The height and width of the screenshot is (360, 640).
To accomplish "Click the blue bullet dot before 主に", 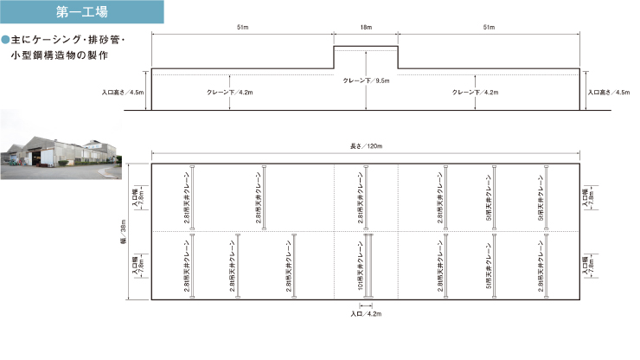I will (x=5, y=40).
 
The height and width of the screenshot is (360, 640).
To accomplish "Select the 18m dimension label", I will (x=366, y=29).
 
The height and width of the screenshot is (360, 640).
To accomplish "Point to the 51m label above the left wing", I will (x=243, y=29).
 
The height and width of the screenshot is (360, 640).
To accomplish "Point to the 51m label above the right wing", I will (x=490, y=29).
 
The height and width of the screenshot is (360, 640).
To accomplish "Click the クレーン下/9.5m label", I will (x=367, y=80).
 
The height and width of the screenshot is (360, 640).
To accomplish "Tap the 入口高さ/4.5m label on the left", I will (x=124, y=92).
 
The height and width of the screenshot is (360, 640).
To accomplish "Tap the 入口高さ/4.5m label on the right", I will (x=609, y=92).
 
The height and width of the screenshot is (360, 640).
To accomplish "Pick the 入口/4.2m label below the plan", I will (x=367, y=314).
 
